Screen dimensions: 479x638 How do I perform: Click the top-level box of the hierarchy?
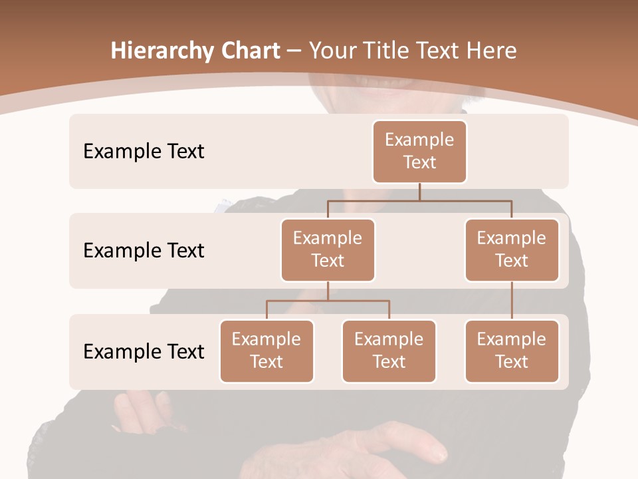pos(419,152)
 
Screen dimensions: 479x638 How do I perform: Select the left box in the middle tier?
pos(328,250)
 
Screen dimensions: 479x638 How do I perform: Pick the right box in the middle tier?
pos(512,250)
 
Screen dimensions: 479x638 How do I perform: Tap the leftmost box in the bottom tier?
pos(266,351)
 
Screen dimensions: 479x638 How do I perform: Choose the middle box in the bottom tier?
pos(389,351)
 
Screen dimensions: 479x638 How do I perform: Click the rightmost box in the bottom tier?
pos(512,351)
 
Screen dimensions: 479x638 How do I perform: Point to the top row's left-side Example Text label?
pos(144,152)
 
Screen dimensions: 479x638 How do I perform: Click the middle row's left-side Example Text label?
pos(144,251)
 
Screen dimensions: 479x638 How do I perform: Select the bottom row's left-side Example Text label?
pos(144,351)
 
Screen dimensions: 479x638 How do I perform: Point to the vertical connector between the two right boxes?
pos(512,301)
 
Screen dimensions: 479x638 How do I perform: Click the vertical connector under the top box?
pos(419,192)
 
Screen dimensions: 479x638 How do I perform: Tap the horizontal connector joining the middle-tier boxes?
pos(419,200)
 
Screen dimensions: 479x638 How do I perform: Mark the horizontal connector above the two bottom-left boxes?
pos(328,301)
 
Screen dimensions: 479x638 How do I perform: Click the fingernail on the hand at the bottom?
pos(441,456)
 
